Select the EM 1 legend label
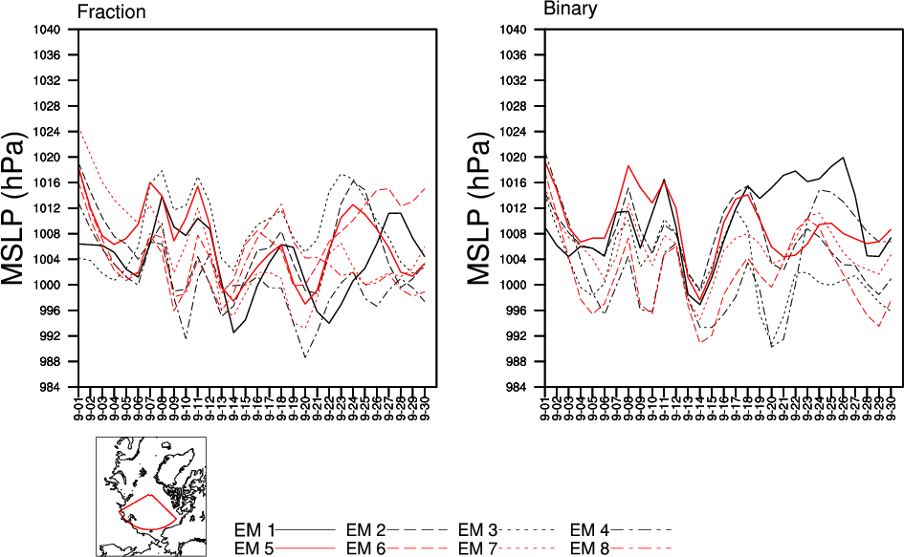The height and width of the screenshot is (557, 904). click(254, 529)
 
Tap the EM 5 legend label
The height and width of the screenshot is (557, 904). click(254, 547)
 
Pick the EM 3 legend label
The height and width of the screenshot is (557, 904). click(478, 529)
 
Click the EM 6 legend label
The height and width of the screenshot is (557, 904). click(366, 547)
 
